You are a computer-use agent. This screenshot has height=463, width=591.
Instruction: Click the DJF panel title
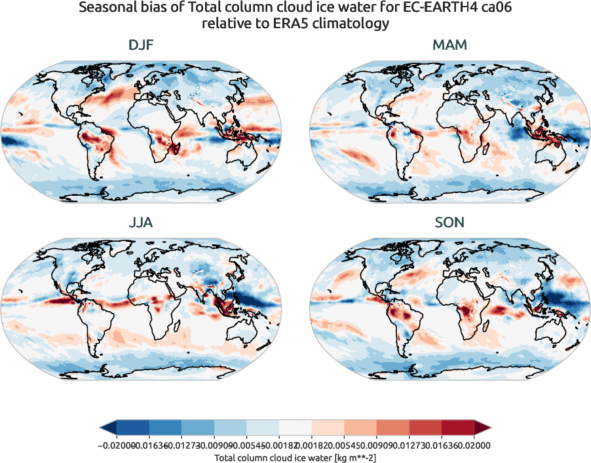[x=141, y=46]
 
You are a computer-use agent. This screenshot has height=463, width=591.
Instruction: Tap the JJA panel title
[x=141, y=223]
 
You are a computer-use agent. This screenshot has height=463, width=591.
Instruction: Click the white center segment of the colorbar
[x=295, y=427]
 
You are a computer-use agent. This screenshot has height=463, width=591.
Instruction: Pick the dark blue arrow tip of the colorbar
[x=107, y=427]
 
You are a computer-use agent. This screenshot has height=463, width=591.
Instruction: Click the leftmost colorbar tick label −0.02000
[x=114, y=445]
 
